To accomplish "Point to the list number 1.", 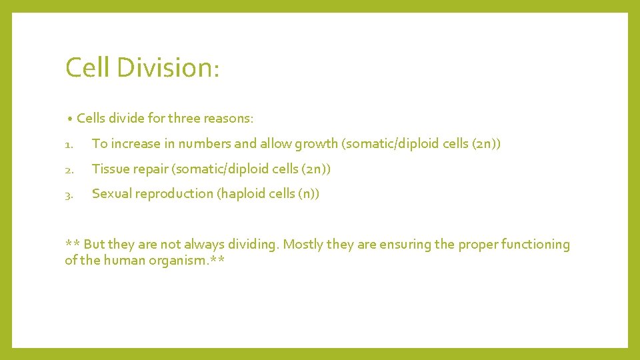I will coord(69,144).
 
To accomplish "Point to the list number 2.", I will coord(69,169).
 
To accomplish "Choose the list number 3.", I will coord(69,194).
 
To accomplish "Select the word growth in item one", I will coord(317,143).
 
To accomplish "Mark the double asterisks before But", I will coord(72,244).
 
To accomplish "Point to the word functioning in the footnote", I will coord(534,245).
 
